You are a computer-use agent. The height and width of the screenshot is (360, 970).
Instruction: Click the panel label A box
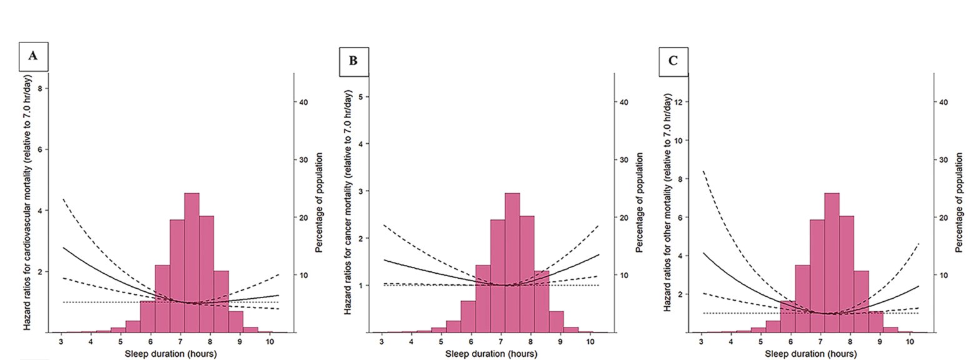[x=33, y=55]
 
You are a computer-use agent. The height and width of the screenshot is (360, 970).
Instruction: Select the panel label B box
[x=354, y=61]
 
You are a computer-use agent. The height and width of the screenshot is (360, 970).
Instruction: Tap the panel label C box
[x=672, y=61]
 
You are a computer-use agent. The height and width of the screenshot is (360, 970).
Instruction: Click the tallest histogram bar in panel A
[x=191, y=262]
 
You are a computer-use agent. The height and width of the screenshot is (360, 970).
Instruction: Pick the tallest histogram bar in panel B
[x=512, y=262]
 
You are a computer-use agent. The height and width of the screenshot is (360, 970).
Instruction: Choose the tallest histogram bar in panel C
[x=832, y=262]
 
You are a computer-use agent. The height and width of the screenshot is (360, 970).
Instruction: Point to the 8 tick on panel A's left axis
[x=40, y=89]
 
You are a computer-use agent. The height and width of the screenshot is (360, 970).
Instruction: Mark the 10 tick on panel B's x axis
[x=590, y=343]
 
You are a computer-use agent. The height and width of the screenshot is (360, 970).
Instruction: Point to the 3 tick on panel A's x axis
[x=61, y=343]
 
